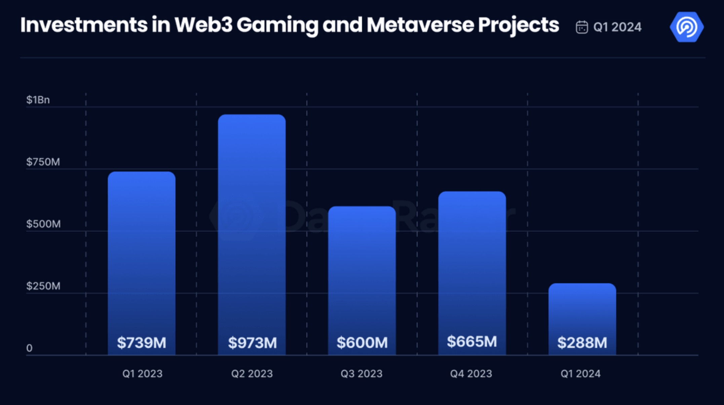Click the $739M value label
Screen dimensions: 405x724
click(x=142, y=343)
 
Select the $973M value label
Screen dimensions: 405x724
click(x=252, y=343)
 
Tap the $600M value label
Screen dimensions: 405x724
click(x=362, y=342)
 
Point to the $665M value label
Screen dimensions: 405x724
click(x=472, y=341)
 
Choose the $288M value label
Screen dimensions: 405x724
click(x=582, y=343)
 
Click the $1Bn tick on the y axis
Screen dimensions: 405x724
click(x=38, y=100)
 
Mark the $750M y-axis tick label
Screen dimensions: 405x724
click(x=43, y=162)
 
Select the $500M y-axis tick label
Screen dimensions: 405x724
click(x=43, y=224)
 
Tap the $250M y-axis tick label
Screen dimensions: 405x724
click(x=43, y=286)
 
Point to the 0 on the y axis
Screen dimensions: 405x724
click(x=29, y=348)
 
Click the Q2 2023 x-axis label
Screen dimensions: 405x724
click(x=252, y=374)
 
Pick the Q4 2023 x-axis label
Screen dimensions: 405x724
click(x=471, y=374)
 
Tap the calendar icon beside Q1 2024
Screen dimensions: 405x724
click(x=582, y=27)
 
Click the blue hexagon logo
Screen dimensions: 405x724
click(x=686, y=27)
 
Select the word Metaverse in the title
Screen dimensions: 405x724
click(x=420, y=25)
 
